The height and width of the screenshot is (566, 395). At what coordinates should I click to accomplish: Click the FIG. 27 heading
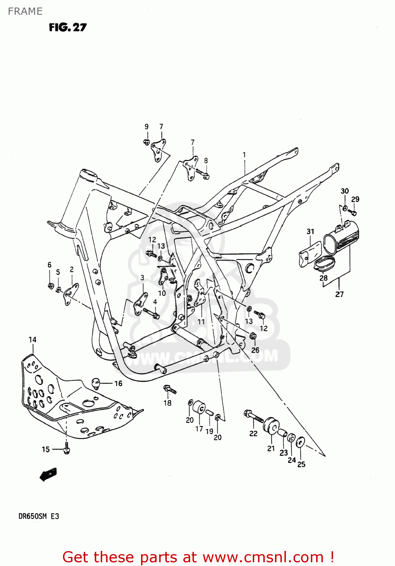click(x=68, y=27)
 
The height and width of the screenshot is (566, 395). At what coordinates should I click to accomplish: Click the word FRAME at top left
click(x=25, y=11)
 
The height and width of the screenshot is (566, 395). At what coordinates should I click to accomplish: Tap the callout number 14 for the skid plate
click(x=32, y=340)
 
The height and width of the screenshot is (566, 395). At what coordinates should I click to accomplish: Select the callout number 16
click(x=118, y=383)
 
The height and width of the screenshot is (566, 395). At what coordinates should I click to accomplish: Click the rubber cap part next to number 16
click(x=97, y=383)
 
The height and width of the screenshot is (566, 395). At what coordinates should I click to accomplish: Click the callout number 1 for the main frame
click(x=244, y=155)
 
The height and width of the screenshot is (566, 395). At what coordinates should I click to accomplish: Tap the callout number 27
click(x=339, y=294)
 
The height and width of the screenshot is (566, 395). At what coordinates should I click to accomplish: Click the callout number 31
click(x=310, y=231)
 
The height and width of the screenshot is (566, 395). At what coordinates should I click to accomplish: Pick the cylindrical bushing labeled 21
click(x=271, y=426)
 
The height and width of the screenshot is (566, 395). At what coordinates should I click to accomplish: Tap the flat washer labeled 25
click(x=301, y=442)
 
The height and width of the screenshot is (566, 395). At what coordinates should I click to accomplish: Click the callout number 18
click(x=168, y=403)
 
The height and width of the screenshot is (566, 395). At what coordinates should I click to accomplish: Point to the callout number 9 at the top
click(x=146, y=127)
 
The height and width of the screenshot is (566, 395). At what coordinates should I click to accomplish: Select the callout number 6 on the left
click(x=49, y=265)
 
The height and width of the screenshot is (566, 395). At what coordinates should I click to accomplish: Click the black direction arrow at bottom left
click(x=49, y=474)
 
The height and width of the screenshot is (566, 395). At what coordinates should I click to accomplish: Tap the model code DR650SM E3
click(x=38, y=516)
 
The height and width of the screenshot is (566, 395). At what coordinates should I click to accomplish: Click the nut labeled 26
click(x=253, y=335)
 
